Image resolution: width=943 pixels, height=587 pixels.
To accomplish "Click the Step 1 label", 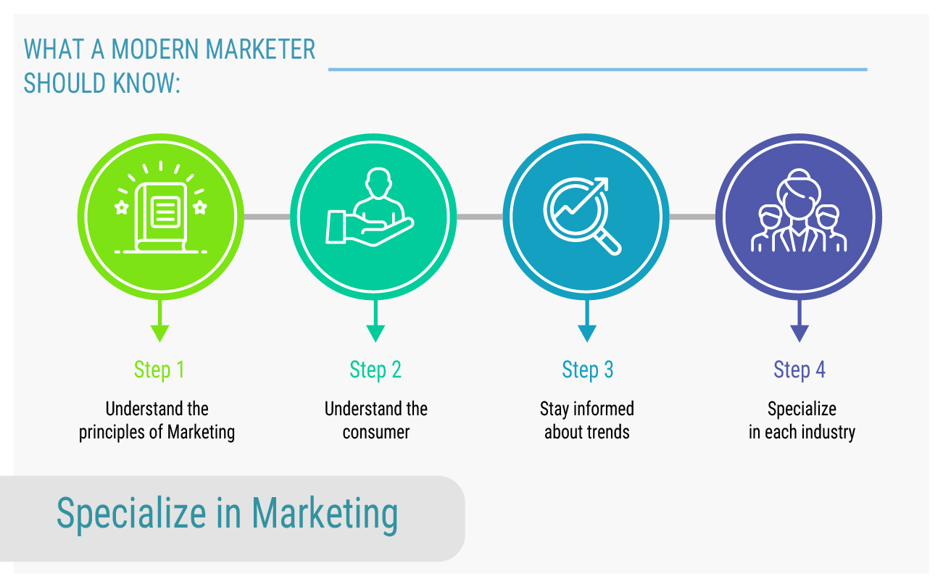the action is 159,370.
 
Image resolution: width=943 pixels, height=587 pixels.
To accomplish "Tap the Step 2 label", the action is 375,370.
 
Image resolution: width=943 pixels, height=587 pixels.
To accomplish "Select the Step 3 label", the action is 588,370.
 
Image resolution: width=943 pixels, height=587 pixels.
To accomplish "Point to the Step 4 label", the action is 799,370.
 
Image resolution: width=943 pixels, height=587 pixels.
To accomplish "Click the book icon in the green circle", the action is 161,217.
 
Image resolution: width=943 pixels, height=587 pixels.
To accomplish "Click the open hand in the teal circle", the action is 370,228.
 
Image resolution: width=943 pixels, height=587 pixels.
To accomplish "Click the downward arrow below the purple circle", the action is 799,320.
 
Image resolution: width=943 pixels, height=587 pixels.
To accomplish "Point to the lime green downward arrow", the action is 160,320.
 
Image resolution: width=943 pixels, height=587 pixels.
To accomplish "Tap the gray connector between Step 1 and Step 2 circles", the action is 267,217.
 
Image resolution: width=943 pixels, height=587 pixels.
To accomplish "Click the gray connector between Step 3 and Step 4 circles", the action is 692,217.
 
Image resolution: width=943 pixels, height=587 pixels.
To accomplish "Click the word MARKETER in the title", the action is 261,50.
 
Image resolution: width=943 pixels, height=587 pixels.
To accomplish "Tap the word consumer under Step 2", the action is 376,432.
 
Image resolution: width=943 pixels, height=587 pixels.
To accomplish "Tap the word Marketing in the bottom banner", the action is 325,515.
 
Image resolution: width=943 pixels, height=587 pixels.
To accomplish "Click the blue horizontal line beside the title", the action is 598,70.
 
